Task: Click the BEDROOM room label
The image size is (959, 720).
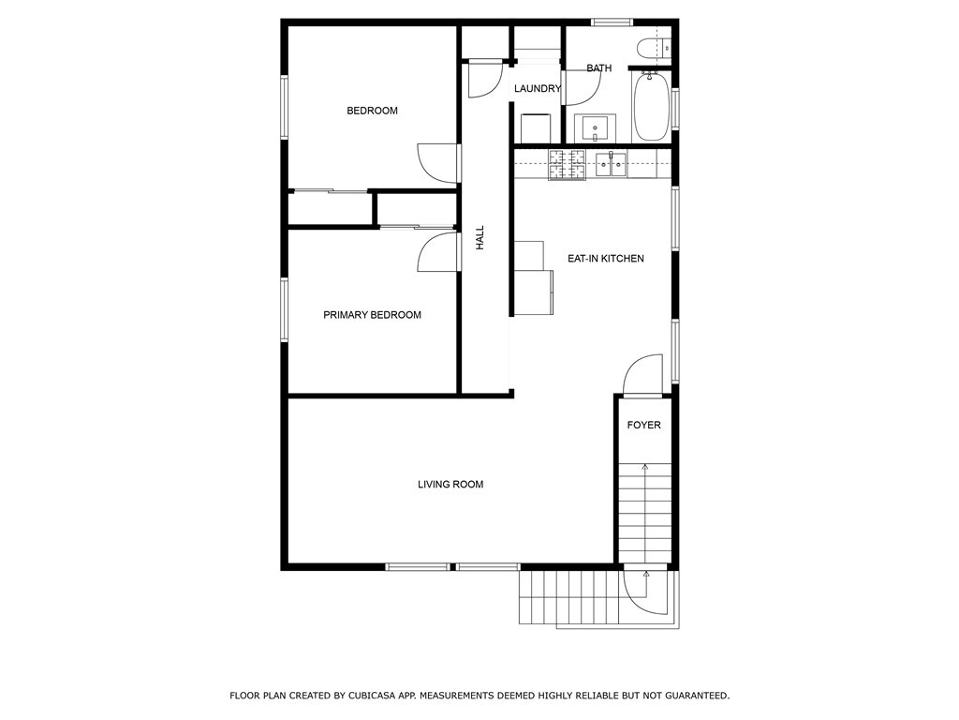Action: [372, 111]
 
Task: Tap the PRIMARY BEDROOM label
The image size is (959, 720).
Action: [372, 315]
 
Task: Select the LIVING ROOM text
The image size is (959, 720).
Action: [450, 485]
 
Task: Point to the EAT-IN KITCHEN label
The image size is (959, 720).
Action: [606, 258]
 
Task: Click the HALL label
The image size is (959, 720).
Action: [480, 237]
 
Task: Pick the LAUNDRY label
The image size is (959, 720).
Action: [538, 89]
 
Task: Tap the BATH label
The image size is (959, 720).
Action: [599, 68]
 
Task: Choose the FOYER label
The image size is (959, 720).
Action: [644, 426]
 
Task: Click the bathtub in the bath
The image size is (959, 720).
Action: [650, 108]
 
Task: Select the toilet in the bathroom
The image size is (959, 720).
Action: [650, 48]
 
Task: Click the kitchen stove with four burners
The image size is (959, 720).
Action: [567, 165]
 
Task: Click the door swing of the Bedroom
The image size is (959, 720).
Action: [436, 162]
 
